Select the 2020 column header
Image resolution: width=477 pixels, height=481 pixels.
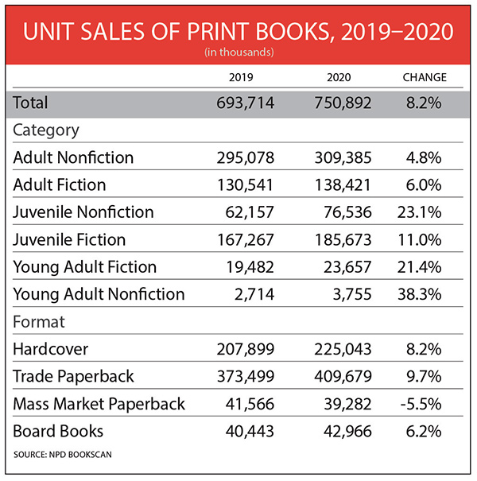[x=339, y=78]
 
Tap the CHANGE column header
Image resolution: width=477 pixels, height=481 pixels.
[x=424, y=78]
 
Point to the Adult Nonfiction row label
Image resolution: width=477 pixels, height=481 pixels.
[x=73, y=157]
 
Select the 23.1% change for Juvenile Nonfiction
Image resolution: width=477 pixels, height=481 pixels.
[x=424, y=211]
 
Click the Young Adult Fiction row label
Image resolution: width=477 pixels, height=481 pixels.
[x=85, y=266]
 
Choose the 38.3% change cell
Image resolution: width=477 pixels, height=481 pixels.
[x=424, y=294]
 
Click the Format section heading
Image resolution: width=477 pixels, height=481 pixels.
[x=38, y=322]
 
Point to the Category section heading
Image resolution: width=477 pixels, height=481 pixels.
[x=45, y=130]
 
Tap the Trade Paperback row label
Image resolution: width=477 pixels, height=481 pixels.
[x=74, y=376]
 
